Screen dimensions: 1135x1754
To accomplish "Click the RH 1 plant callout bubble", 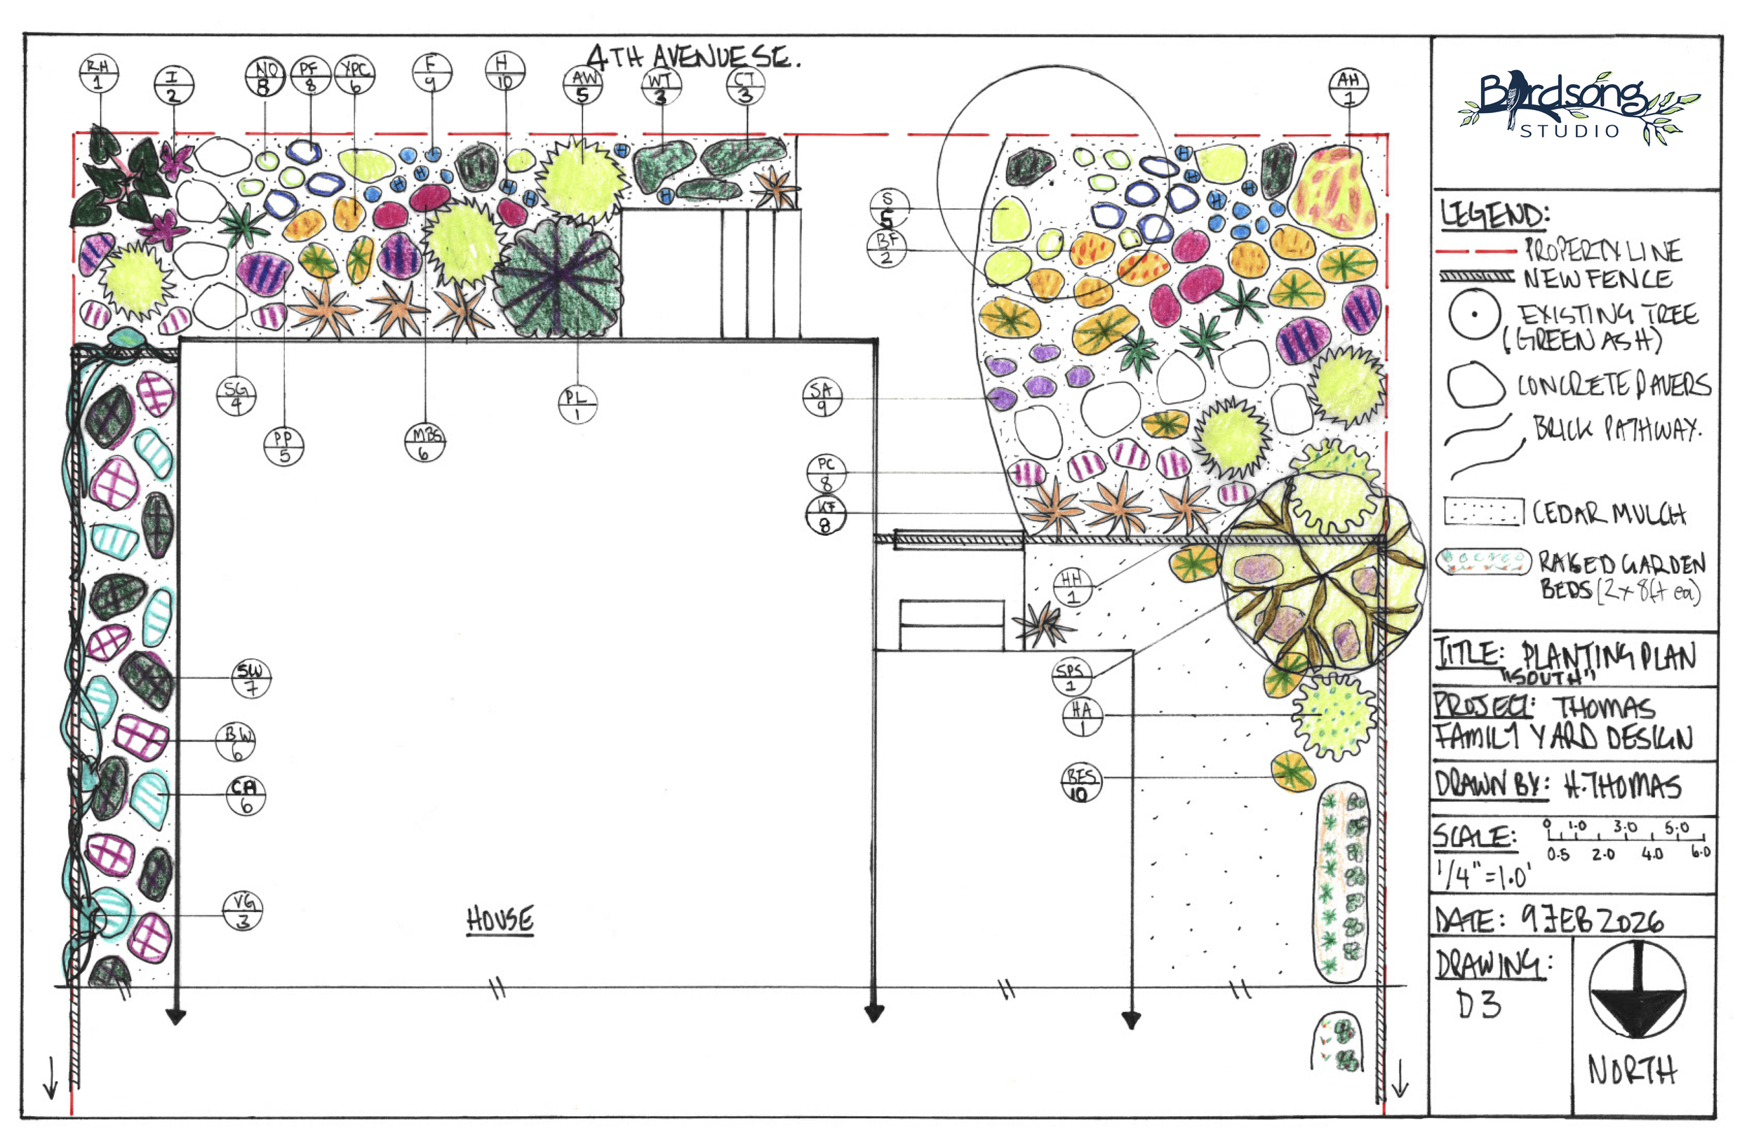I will [98, 74].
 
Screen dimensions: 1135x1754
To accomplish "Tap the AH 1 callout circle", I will [1348, 87].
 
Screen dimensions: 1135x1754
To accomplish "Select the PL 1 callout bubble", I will [577, 405].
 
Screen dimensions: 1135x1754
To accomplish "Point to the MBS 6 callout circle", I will [425, 443].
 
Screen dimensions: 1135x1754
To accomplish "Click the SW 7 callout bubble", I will [250, 678].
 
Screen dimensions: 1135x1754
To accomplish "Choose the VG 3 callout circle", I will [243, 911].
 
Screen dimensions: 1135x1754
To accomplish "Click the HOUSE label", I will [500, 920].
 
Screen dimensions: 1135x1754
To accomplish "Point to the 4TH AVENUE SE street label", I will [692, 58].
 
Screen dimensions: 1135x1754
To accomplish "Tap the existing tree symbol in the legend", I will [1474, 314].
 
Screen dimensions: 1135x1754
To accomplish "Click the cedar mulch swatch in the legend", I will [1482, 511].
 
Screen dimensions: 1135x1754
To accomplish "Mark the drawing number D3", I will [1478, 1005].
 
